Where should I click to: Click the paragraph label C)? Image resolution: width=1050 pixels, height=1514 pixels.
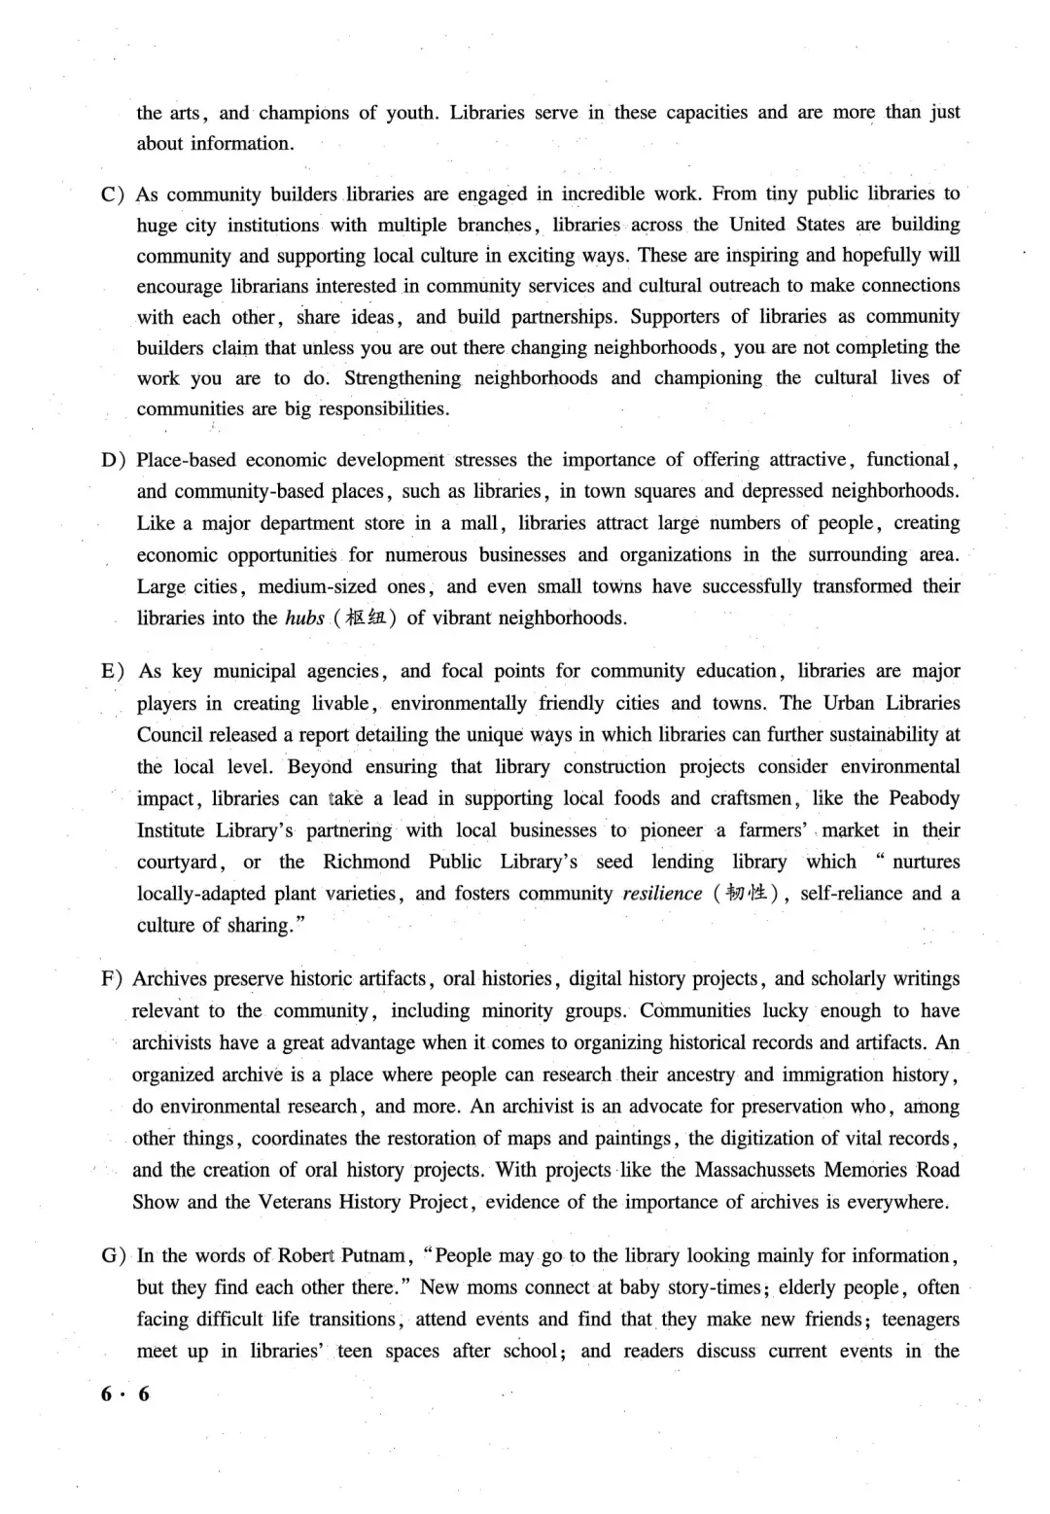click(113, 194)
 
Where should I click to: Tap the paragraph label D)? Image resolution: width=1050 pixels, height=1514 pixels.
click(113, 460)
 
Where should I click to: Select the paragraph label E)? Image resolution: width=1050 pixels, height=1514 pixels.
click(113, 671)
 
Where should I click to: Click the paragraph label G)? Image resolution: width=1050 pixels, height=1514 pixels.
click(113, 1255)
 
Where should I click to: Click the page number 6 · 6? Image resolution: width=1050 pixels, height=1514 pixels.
click(125, 1393)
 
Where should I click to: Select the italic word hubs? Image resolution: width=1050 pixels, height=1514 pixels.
click(304, 618)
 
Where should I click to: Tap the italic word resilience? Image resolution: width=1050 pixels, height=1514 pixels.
click(662, 894)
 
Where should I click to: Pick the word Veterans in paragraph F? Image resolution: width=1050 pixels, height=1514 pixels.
click(294, 1202)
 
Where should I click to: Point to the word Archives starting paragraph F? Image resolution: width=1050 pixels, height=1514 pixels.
click(169, 979)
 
